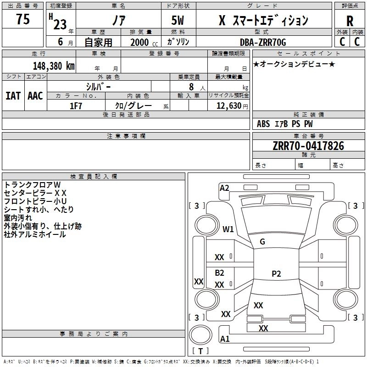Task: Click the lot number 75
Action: point(23,19)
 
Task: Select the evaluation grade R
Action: point(350,21)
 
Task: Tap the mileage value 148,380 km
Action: point(54,66)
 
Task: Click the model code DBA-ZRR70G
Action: point(263,42)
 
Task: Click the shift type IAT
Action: point(13,96)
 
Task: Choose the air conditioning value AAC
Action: point(35,96)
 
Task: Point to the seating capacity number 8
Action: point(191,87)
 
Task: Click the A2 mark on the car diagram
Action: point(224,188)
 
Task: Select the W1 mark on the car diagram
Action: point(228,229)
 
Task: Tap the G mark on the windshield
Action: point(262,242)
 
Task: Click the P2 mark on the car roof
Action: point(276,274)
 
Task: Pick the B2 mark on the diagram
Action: point(220,273)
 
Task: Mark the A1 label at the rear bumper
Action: point(225,339)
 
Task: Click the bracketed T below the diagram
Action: point(200,351)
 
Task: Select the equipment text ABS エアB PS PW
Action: point(285,124)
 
